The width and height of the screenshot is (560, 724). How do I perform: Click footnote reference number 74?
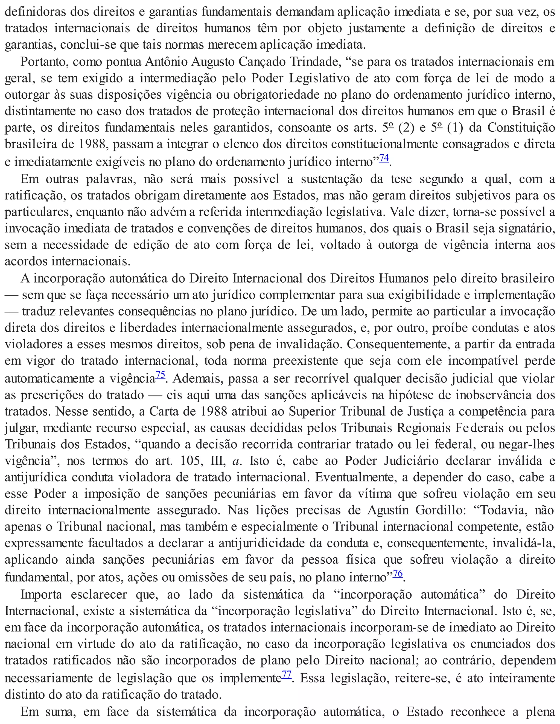(x=384, y=158)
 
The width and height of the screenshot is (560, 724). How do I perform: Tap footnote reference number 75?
(x=160, y=375)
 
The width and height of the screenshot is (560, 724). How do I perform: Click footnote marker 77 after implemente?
(x=286, y=674)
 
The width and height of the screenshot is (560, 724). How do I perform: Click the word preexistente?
(x=305, y=361)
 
